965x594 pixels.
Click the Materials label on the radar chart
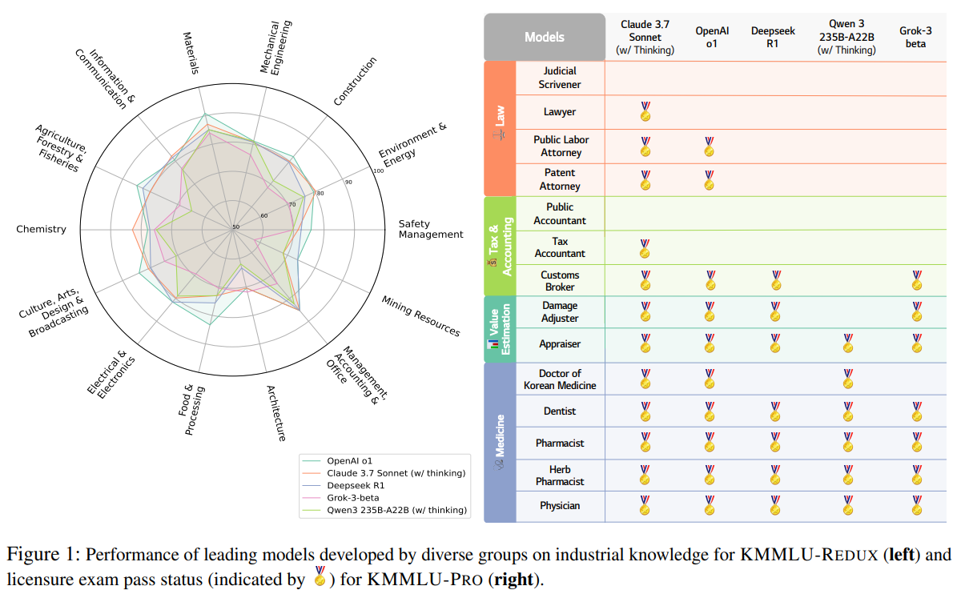coord(191,53)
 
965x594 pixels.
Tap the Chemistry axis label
coord(41,230)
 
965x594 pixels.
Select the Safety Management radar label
coord(431,229)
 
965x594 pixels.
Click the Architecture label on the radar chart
coord(275,412)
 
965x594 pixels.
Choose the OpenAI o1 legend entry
coord(349,461)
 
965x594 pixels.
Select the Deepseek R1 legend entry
coord(356,485)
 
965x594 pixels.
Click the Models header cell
coord(544,37)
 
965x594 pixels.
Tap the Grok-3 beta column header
coord(915,38)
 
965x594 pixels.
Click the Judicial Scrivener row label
coord(560,78)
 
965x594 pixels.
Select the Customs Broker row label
coord(559,281)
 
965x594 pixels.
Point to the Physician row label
coord(560,506)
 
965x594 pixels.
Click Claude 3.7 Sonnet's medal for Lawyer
coord(645,111)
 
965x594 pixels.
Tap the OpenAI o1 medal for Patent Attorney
coord(709,180)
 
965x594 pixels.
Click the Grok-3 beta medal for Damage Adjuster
coord(917,311)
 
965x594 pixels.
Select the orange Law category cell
coord(500,128)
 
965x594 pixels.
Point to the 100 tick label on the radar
coord(379,171)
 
